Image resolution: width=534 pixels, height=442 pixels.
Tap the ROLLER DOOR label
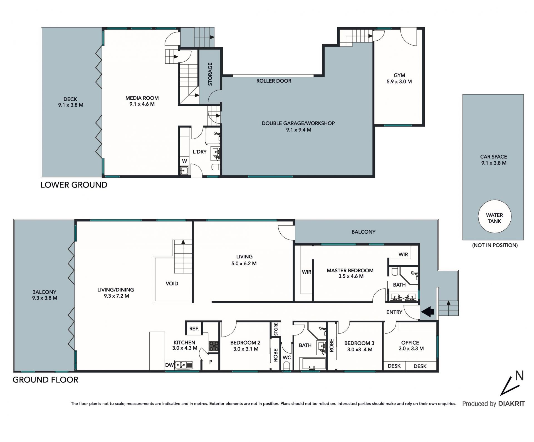pyautogui.click(x=274, y=81)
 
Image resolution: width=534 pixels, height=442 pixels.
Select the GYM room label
pyautogui.click(x=399, y=75)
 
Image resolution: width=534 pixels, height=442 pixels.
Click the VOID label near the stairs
pyautogui.click(x=172, y=283)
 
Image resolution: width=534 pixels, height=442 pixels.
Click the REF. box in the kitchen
pyautogui.click(x=194, y=329)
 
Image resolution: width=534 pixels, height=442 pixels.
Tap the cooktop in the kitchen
pyautogui.click(x=214, y=346)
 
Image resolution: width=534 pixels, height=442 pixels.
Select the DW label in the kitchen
pyautogui.click(x=169, y=365)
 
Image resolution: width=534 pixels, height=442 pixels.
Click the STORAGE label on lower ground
pyautogui.click(x=210, y=74)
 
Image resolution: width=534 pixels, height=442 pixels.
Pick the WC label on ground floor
pyautogui.click(x=287, y=357)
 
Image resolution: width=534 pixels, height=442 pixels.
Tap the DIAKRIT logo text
pyautogui.click(x=511, y=404)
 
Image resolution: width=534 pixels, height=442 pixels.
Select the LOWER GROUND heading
pyautogui.click(x=74, y=185)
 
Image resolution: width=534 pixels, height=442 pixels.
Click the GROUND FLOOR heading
pyautogui.click(x=45, y=380)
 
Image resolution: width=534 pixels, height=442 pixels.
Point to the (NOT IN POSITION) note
pyautogui.click(x=495, y=245)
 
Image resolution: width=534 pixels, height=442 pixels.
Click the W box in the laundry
pyautogui.click(x=184, y=161)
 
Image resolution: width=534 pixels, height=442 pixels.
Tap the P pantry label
pyautogui.click(x=211, y=362)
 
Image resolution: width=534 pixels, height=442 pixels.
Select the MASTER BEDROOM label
pyautogui.click(x=350, y=270)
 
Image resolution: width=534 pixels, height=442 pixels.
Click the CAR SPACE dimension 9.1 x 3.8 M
pyautogui.click(x=494, y=163)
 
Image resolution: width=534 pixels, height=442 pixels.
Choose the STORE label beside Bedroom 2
pyautogui.click(x=276, y=329)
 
